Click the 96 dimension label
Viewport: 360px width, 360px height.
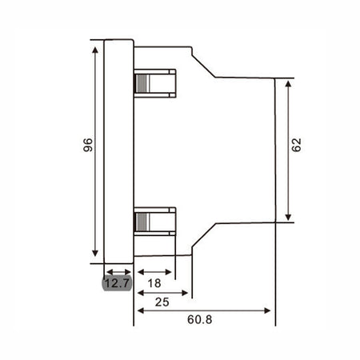(88, 145)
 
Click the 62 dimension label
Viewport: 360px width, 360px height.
(296, 145)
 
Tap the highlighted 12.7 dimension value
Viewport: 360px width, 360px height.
(118, 283)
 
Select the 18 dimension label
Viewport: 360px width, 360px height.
(154, 283)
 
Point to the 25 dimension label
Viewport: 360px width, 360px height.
(162, 302)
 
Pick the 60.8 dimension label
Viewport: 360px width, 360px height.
(200, 319)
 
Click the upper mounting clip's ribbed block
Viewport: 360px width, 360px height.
(142, 83)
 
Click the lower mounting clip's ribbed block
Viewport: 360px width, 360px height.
(142, 222)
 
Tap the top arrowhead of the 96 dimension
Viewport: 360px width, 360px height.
(95, 50)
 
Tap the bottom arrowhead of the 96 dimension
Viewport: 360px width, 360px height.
(95, 253)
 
